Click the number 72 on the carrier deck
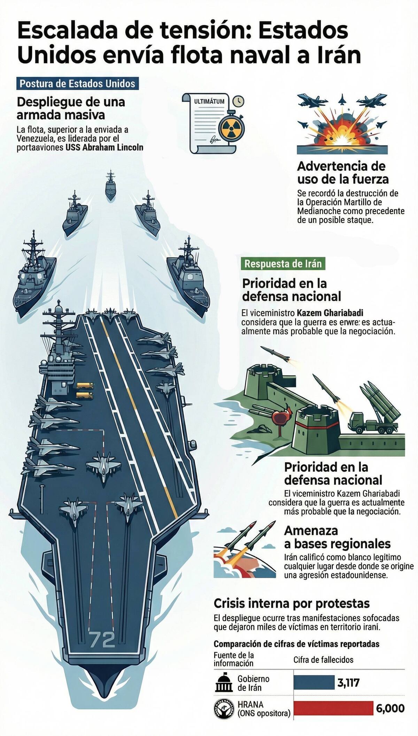tap(102, 639)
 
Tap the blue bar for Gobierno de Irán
tap(314, 682)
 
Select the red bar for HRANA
tap(333, 708)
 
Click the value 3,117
tap(348, 683)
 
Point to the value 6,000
tap(390, 708)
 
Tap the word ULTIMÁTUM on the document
tap(209, 102)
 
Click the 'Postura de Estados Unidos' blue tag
tap(77, 84)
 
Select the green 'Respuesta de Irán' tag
tap(283, 264)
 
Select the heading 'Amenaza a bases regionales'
tap(337, 537)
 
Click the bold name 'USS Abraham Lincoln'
tap(104, 147)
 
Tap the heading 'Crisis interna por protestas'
tap(292, 603)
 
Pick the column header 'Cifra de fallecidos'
tap(323, 660)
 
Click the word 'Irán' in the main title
tap(336, 55)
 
